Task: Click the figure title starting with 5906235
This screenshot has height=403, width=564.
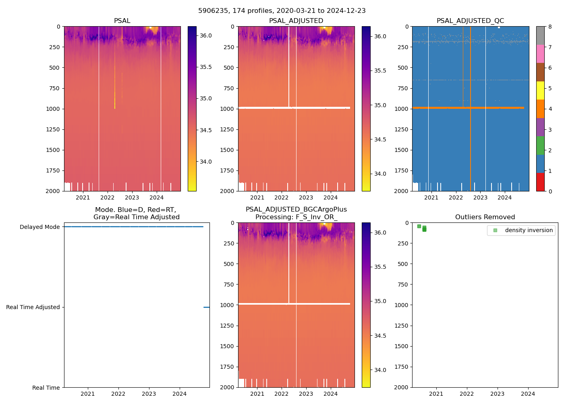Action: (282, 11)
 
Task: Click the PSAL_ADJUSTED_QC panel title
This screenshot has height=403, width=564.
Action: (470, 21)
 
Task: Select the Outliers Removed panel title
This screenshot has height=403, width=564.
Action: (485, 217)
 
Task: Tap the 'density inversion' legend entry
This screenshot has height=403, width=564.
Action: (529, 230)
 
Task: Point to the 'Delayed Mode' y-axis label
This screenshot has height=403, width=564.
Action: (39, 227)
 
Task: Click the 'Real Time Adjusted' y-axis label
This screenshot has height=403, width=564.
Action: (33, 307)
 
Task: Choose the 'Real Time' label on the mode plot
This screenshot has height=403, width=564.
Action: (46, 388)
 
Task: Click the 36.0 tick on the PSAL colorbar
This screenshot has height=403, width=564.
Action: (205, 35)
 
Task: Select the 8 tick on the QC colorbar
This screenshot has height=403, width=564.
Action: (550, 27)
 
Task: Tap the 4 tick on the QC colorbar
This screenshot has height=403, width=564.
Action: (550, 109)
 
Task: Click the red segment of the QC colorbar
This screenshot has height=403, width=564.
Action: (540, 182)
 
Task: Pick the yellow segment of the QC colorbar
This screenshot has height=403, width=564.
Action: (540, 90)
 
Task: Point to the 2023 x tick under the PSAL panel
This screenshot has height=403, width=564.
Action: (132, 197)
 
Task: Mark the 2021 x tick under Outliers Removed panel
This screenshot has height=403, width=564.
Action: (436, 394)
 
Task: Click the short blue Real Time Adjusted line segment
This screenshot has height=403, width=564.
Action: (206, 307)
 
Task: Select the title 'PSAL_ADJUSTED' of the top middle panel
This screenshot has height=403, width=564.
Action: (296, 21)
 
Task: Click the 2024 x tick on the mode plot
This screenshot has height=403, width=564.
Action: (180, 394)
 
